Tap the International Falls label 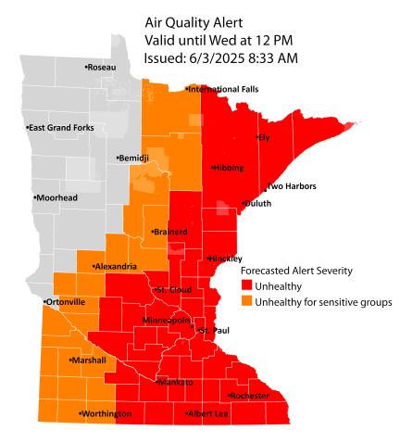[x=223, y=89]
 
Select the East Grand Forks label [x=62, y=127]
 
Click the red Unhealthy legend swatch [x=246, y=285]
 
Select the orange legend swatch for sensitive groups [x=246, y=301]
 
